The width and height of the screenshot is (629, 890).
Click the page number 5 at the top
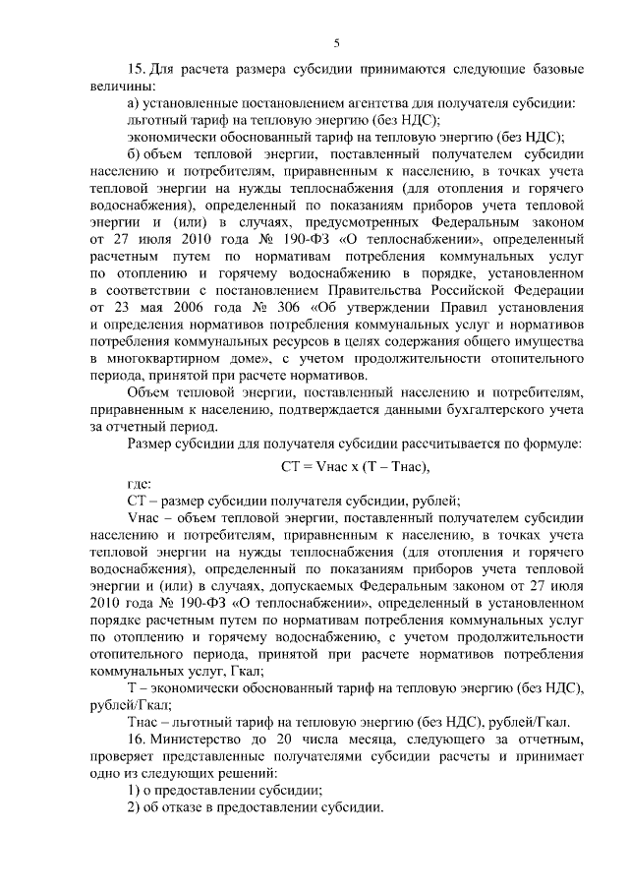click(336, 42)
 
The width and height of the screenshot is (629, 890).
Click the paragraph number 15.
click(137, 70)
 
